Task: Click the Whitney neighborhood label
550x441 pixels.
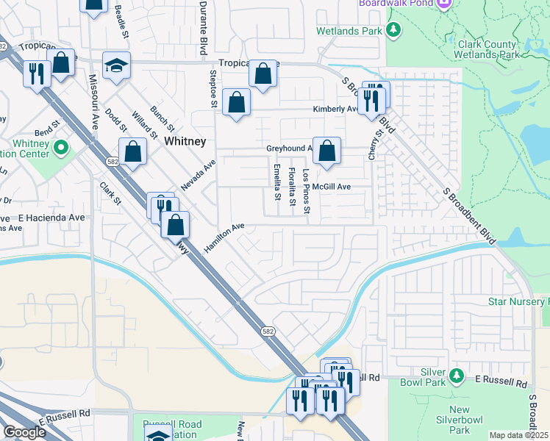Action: tap(185, 140)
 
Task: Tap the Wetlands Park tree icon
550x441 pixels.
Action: tap(395, 30)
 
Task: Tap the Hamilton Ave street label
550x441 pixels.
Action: tap(224, 239)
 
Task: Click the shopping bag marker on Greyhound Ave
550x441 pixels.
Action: tap(326, 151)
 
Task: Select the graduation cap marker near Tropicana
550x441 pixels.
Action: tap(116, 66)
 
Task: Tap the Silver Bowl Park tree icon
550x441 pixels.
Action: tap(456, 376)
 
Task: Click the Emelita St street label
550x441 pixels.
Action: tap(277, 182)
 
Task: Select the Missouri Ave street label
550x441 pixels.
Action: tap(94, 101)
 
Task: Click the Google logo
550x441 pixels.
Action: tap(24, 432)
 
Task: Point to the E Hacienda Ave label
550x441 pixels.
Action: tap(51, 218)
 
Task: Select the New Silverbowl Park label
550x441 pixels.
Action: tap(460, 420)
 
